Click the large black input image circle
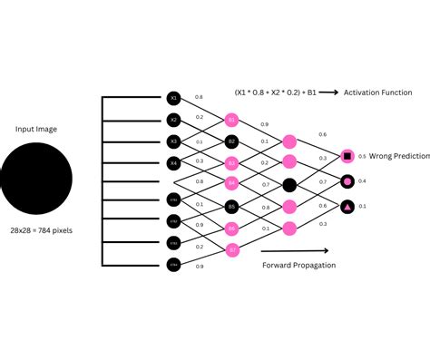[x=36, y=176]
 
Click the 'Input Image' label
[x=36, y=130]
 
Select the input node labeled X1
[x=174, y=97]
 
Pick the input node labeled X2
[x=174, y=119]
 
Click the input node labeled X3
[x=174, y=141]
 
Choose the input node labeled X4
[x=174, y=162]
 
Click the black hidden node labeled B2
[x=231, y=141]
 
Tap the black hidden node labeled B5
[x=231, y=206]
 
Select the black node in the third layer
[x=289, y=184]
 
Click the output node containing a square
[x=347, y=156]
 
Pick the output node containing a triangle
[x=347, y=207]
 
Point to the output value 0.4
[x=363, y=181]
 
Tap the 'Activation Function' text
[x=377, y=92]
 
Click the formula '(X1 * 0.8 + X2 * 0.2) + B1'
[x=271, y=92]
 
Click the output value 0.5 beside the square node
[x=362, y=156]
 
